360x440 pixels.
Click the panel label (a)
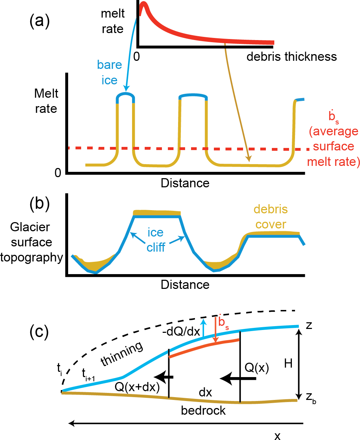tap(39, 21)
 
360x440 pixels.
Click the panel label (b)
tap(39, 204)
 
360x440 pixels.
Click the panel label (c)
tap(39, 331)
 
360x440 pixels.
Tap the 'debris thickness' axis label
tap(292, 57)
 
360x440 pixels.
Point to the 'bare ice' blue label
tap(109, 72)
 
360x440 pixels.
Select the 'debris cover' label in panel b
tap(270, 216)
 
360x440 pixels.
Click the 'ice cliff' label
tap(156, 240)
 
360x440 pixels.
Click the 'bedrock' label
tap(203, 410)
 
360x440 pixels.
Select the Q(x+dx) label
tap(137, 387)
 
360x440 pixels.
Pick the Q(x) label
tap(257, 368)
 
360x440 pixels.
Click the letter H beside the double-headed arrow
tap(288, 363)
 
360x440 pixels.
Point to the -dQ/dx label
tap(181, 331)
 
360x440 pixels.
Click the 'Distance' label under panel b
tap(185, 284)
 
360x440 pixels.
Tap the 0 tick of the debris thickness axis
tap(137, 56)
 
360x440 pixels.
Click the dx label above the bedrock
tap(205, 392)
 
